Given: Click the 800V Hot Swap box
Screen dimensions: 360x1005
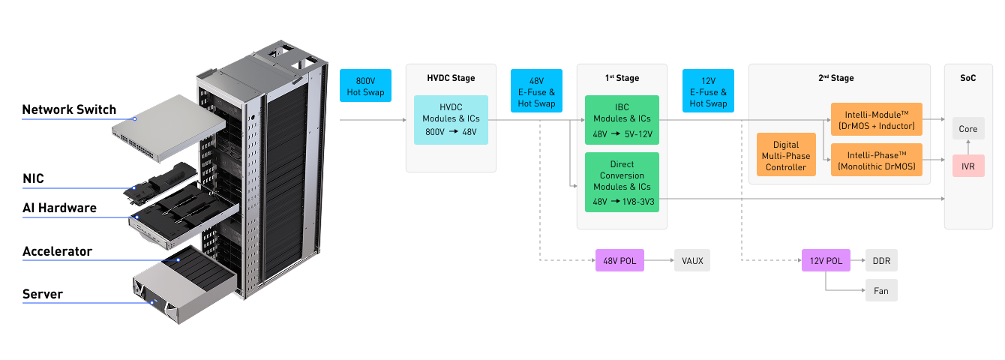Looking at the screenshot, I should pyautogui.click(x=365, y=85).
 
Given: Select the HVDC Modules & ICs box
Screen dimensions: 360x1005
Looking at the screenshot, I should pyautogui.click(x=451, y=120).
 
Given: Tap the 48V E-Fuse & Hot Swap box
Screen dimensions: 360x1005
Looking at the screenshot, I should pyautogui.click(x=536, y=91).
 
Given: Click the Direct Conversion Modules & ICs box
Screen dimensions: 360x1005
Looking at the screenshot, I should pyautogui.click(x=622, y=182).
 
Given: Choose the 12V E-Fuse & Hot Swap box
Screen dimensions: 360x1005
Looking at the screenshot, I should pyautogui.click(x=708, y=91).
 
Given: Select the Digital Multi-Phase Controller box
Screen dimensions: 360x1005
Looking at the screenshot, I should pyautogui.click(x=786, y=156).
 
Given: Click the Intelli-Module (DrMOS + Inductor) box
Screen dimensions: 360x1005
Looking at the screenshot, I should pyautogui.click(x=877, y=119).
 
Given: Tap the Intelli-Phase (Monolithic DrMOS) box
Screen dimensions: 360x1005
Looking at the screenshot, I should pyautogui.click(x=877, y=161).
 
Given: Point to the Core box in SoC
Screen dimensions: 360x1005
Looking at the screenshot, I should pyautogui.click(x=968, y=129).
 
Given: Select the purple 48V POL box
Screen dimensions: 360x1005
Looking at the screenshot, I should pyautogui.click(x=619, y=260).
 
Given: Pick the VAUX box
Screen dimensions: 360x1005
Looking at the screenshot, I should pyautogui.click(x=691, y=260).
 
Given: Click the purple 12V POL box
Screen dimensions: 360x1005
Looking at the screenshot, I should pyautogui.click(x=826, y=260).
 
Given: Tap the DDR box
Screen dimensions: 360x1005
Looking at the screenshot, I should pyautogui.click(x=881, y=260).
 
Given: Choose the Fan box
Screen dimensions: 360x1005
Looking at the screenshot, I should pyautogui.click(x=881, y=290).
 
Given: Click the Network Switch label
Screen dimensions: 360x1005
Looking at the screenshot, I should pyautogui.click(x=69, y=109).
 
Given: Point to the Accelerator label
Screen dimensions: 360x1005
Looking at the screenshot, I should pyautogui.click(x=57, y=251).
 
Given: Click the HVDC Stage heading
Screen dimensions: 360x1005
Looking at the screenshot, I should pyautogui.click(x=451, y=78).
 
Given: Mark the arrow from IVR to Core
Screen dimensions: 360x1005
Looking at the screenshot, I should pyautogui.click(x=968, y=147).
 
